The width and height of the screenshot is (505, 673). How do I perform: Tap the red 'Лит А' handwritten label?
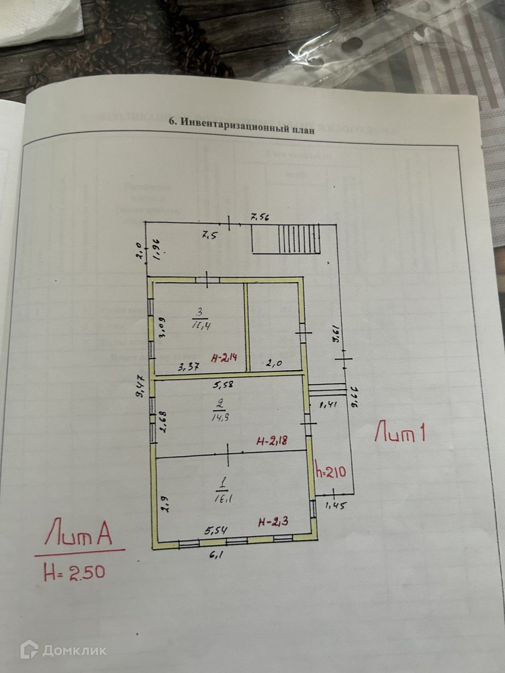(x=78, y=533)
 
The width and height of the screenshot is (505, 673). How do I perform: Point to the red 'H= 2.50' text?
(x=74, y=570)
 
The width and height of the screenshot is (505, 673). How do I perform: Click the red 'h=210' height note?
(x=330, y=471)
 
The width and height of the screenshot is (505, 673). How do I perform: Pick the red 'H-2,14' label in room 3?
(x=225, y=359)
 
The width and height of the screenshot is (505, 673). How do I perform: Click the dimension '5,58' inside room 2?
(x=223, y=385)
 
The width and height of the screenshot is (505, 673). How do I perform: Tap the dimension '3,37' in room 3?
(x=188, y=368)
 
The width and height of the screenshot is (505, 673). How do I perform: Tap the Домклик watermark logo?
(x=63, y=650)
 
